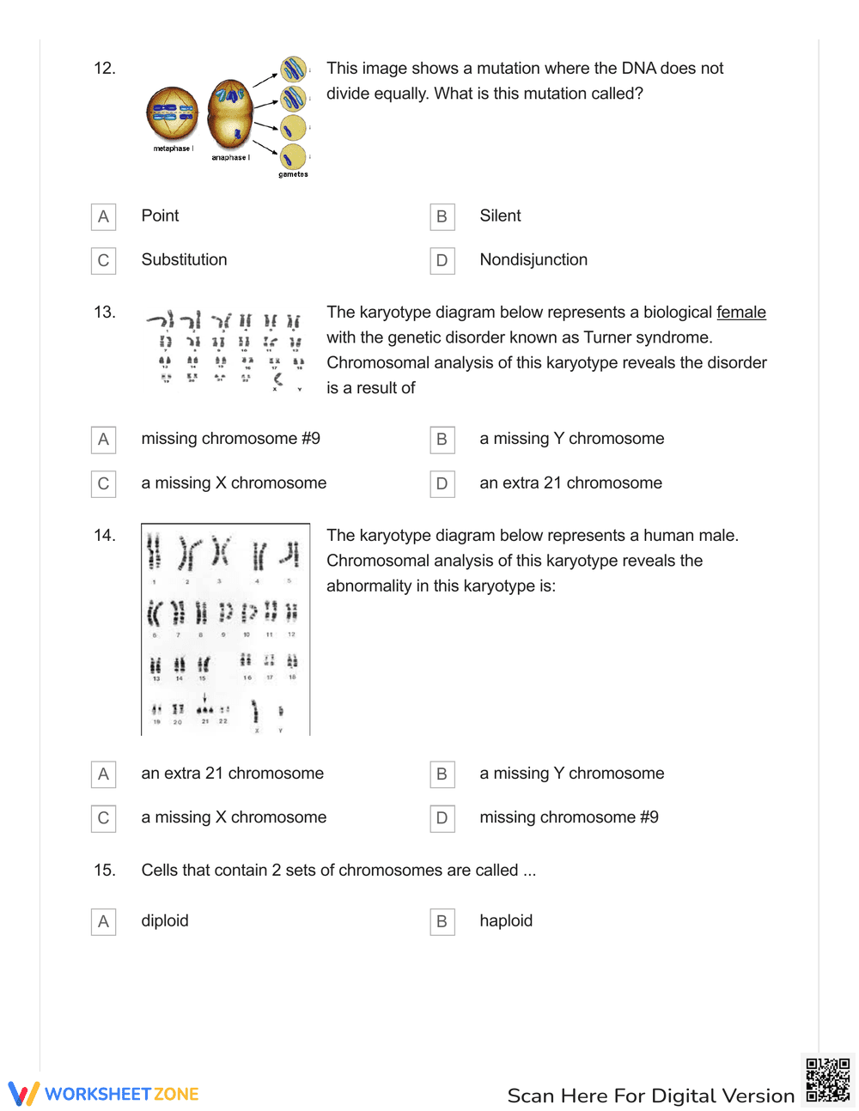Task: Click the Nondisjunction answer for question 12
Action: click(533, 260)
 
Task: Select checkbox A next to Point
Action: click(103, 216)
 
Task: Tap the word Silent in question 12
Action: click(500, 216)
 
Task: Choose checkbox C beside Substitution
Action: click(103, 261)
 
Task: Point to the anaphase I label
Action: click(230, 158)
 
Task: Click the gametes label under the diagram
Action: click(293, 174)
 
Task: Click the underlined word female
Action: click(740, 313)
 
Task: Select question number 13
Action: click(104, 313)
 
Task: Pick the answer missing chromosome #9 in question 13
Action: click(230, 439)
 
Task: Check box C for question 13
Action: click(103, 484)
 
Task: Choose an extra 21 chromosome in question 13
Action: click(570, 483)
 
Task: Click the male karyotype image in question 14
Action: click(225, 629)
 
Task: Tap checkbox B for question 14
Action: click(442, 774)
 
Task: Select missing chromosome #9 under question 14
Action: click(569, 817)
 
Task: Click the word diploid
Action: click(165, 921)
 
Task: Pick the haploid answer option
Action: click(506, 921)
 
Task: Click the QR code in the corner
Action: click(827, 1080)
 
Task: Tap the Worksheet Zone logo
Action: click(104, 1094)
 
